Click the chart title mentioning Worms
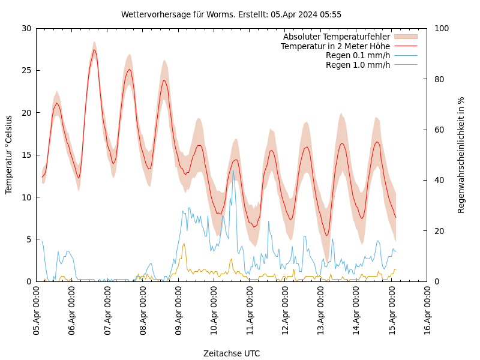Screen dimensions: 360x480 [231, 14]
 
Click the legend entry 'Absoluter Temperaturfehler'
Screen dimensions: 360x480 [336, 37]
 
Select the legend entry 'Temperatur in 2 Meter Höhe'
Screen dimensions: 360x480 [335, 46]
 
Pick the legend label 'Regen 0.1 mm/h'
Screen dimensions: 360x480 [358, 55]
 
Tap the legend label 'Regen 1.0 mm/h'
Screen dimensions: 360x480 [358, 65]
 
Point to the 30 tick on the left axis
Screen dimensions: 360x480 [26, 28]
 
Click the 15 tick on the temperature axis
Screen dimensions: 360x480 [26, 155]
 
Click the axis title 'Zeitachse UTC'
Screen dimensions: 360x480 [231, 353]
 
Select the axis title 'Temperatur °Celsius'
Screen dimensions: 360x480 [9, 154]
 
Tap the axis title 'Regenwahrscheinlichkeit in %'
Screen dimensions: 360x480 [461, 155]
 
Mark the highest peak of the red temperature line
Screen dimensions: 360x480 [94, 50]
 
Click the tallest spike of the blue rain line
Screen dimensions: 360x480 [233, 170]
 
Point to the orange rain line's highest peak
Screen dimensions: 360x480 [184, 244]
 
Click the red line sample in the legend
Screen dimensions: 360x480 [405, 46]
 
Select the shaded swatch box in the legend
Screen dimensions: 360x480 [405, 37]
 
